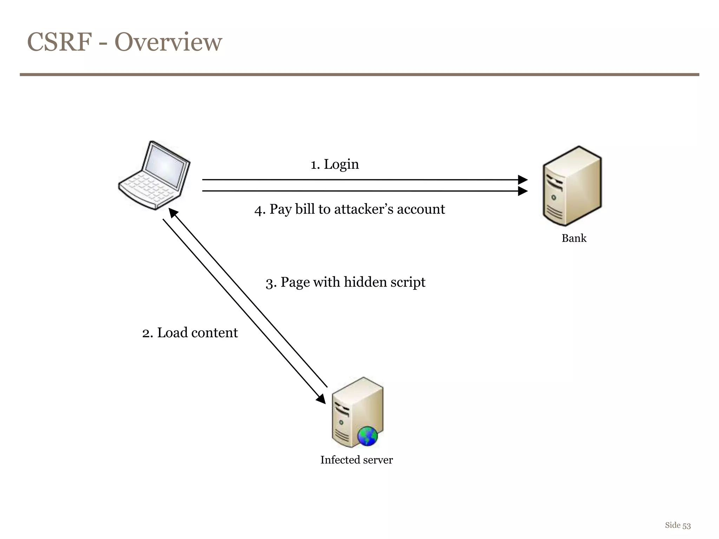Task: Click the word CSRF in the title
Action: pos(59,42)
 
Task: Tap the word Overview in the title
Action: pos(168,42)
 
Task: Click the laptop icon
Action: pos(154,175)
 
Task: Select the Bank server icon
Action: pos(572,186)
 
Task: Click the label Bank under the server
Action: pos(574,238)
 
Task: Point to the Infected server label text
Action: pos(356,460)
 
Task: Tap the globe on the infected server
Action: pos(367,436)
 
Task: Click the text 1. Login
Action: pos(335,164)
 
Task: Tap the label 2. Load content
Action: pos(190,333)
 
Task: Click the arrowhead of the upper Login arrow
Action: pos(523,180)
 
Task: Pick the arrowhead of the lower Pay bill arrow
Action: pos(523,191)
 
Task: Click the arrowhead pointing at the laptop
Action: pos(173,212)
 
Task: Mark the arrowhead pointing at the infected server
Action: pos(321,399)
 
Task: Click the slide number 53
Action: pos(686,526)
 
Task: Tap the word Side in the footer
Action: pos(672,525)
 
